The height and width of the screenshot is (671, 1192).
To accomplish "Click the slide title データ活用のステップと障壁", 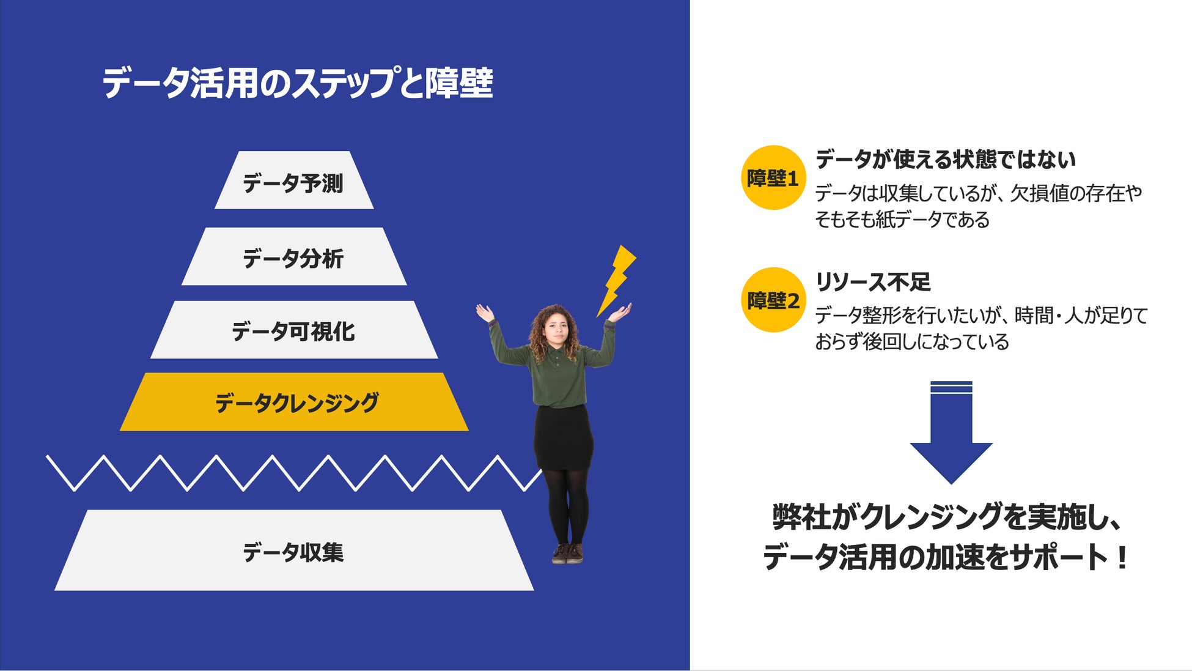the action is (297, 83).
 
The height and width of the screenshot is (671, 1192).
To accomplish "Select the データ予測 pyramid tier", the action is (293, 182).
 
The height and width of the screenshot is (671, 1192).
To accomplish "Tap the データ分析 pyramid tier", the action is (293, 258).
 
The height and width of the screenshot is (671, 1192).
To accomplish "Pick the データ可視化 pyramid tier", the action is (293, 330).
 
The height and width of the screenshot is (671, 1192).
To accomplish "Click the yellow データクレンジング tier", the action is (295, 402).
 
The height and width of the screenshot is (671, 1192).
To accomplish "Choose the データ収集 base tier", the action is (293, 551).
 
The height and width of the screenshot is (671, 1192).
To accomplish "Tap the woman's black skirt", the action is (563, 437).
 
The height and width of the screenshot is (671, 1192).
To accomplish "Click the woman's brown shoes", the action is (567, 554).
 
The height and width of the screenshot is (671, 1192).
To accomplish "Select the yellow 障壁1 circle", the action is (773, 178).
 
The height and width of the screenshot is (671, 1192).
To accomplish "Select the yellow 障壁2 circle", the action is (773, 300).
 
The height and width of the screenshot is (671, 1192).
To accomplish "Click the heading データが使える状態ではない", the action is (945, 159).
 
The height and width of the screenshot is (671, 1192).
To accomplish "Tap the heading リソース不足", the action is (872, 282).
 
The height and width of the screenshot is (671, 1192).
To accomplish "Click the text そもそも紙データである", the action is (902, 220).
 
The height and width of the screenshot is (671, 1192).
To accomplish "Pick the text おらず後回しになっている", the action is (911, 342).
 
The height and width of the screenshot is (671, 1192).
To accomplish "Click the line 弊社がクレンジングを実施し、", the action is (946, 517).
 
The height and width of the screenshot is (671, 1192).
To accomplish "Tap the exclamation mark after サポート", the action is (1121, 558).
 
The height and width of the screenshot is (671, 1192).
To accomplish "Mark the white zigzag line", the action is (293, 473).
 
